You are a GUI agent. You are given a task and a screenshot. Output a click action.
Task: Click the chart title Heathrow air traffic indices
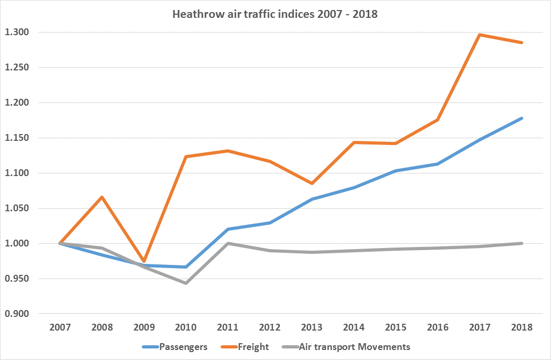pos(275,14)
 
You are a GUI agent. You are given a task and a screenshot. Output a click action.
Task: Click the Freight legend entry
pos(254,347)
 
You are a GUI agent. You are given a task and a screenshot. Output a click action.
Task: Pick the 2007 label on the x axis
pos(60,327)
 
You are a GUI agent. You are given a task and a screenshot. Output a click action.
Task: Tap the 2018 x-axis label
pos(522,327)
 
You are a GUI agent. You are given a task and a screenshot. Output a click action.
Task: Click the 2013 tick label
pos(312,327)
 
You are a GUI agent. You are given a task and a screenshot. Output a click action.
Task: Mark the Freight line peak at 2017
pos(480,35)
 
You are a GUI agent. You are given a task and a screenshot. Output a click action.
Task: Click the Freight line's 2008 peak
pos(102,197)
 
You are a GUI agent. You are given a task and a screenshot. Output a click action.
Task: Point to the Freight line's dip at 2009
pos(144,261)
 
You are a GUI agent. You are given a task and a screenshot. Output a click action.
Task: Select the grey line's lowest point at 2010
pos(186,283)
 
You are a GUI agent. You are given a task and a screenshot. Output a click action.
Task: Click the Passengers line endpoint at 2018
pos(522,118)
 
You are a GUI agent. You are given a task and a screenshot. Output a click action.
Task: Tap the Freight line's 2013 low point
pos(312,183)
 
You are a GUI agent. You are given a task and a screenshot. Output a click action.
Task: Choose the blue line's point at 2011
pos(228,229)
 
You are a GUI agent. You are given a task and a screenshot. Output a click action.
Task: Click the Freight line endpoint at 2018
pos(522,43)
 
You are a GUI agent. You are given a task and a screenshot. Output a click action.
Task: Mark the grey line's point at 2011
pos(228,243)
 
